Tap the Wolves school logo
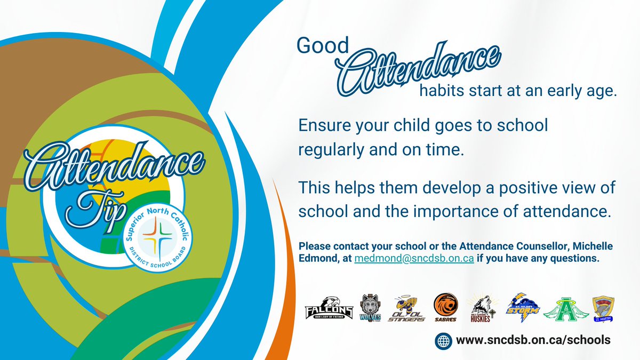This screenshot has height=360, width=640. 372,308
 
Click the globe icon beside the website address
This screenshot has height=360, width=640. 444,340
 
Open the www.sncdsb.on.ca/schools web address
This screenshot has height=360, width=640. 533,340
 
